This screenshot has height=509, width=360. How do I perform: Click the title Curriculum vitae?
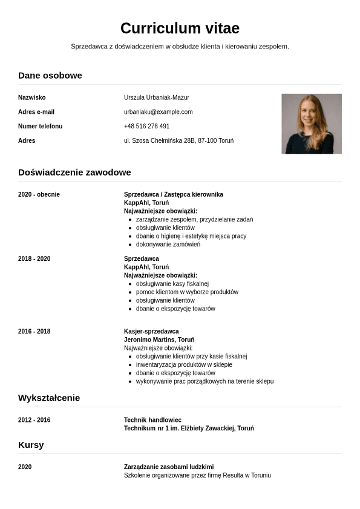(180, 28)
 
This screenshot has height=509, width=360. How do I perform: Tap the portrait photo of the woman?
(311, 123)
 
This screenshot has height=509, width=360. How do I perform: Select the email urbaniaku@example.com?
(158, 112)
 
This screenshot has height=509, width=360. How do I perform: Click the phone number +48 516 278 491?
(146, 126)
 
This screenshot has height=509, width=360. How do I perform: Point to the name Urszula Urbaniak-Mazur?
(156, 97)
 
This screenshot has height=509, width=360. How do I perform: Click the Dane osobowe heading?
(50, 76)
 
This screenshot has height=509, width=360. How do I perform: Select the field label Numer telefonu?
(40, 126)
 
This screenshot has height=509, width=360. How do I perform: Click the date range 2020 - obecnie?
(39, 194)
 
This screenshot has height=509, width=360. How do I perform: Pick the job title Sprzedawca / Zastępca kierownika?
(173, 194)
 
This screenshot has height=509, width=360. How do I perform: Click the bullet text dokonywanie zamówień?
(168, 245)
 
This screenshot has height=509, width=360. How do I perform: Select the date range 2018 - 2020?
(34, 258)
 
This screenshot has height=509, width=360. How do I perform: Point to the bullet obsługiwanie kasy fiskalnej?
(172, 283)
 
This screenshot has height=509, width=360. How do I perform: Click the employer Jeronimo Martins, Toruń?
(159, 340)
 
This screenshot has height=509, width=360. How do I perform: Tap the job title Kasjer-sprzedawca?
(151, 331)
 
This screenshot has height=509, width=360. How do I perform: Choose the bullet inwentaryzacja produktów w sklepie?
(184, 365)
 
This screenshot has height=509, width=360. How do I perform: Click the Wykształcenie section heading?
(49, 398)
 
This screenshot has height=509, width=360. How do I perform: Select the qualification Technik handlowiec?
(152, 420)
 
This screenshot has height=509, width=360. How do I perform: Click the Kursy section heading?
(31, 445)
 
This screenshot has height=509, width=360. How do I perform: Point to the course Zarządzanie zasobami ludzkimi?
(169, 467)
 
